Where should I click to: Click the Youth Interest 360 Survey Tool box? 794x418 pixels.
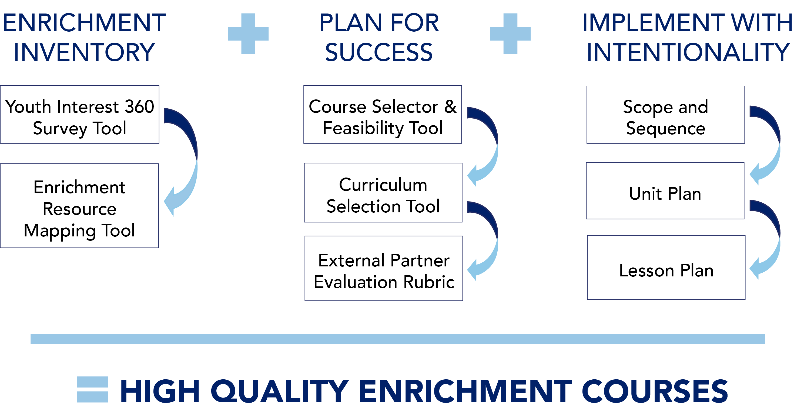tap(79, 114)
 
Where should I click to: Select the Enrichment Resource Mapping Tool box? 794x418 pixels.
tap(79, 206)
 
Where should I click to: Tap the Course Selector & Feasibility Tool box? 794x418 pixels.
tap(383, 114)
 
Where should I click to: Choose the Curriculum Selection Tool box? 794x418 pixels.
tap(383, 193)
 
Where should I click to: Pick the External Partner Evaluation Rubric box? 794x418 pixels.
tap(384, 268)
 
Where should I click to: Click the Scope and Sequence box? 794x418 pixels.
tap(666, 115)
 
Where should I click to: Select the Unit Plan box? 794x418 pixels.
tap(665, 191)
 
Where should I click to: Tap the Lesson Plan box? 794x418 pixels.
tap(666, 267)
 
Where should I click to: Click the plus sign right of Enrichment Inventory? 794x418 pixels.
tap(248, 34)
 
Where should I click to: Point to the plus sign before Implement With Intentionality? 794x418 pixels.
tap(510, 34)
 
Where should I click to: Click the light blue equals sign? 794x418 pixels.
tap(92, 389)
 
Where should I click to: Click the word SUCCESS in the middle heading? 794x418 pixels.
tap(379, 52)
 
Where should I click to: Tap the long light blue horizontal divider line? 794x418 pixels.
tap(398, 339)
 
